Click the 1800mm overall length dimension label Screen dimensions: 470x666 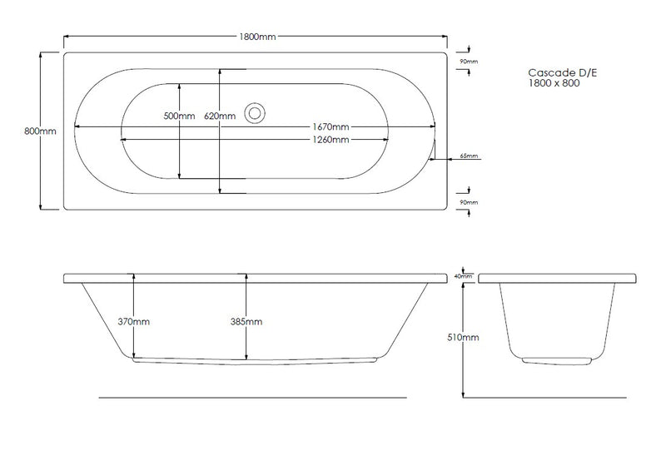point(257,37)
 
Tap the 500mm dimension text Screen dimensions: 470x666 point(179,116)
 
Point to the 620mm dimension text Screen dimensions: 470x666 point(219,116)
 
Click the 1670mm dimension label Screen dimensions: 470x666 point(331,126)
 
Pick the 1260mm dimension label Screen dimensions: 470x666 point(331,140)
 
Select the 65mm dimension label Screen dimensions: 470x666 point(470,156)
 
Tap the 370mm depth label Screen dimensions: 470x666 point(134,321)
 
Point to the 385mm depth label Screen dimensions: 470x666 point(246,321)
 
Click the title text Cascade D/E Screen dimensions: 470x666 point(563,72)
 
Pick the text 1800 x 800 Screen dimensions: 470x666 point(554,83)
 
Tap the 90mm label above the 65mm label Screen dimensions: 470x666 point(470,62)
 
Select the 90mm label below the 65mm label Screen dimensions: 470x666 point(470,202)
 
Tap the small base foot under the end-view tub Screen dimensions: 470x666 point(557,359)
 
